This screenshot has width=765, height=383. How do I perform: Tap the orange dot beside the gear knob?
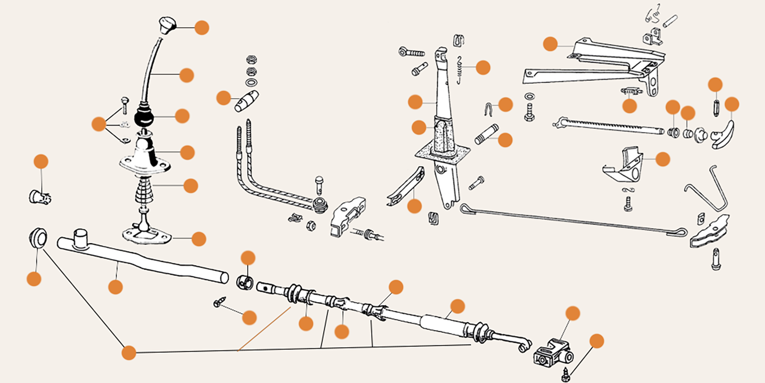pyautogui.click(x=202, y=28)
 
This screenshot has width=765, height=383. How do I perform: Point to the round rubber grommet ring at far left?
pyautogui.click(x=37, y=238)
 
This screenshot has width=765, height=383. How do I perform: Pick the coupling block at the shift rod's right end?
pyautogui.click(x=553, y=353)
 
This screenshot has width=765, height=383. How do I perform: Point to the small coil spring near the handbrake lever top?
pyautogui.click(x=459, y=69)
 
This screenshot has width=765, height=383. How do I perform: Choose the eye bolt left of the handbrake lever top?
pyautogui.click(x=411, y=51)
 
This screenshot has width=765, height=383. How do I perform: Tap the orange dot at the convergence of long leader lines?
pyautogui.click(x=129, y=353)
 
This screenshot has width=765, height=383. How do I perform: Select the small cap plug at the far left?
pyautogui.click(x=40, y=197)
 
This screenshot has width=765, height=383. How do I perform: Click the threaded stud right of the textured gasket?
pyautogui.click(x=487, y=134)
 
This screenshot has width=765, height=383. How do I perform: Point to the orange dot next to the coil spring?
pyautogui.click(x=483, y=68)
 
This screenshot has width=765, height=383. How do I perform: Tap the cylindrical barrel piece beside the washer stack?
pyautogui.click(x=247, y=101)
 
